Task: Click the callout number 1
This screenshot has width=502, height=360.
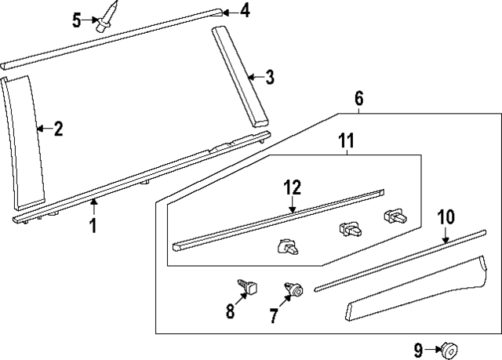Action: [93, 227]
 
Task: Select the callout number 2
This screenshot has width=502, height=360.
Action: [58, 129]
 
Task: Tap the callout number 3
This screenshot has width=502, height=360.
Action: [269, 77]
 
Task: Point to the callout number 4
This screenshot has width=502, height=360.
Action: [246, 10]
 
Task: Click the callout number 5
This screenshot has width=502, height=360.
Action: [77, 20]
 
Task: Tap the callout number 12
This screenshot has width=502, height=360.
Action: [292, 187]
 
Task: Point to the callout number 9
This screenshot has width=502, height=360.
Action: [419, 349]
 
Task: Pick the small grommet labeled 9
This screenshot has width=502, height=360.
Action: [450, 349]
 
